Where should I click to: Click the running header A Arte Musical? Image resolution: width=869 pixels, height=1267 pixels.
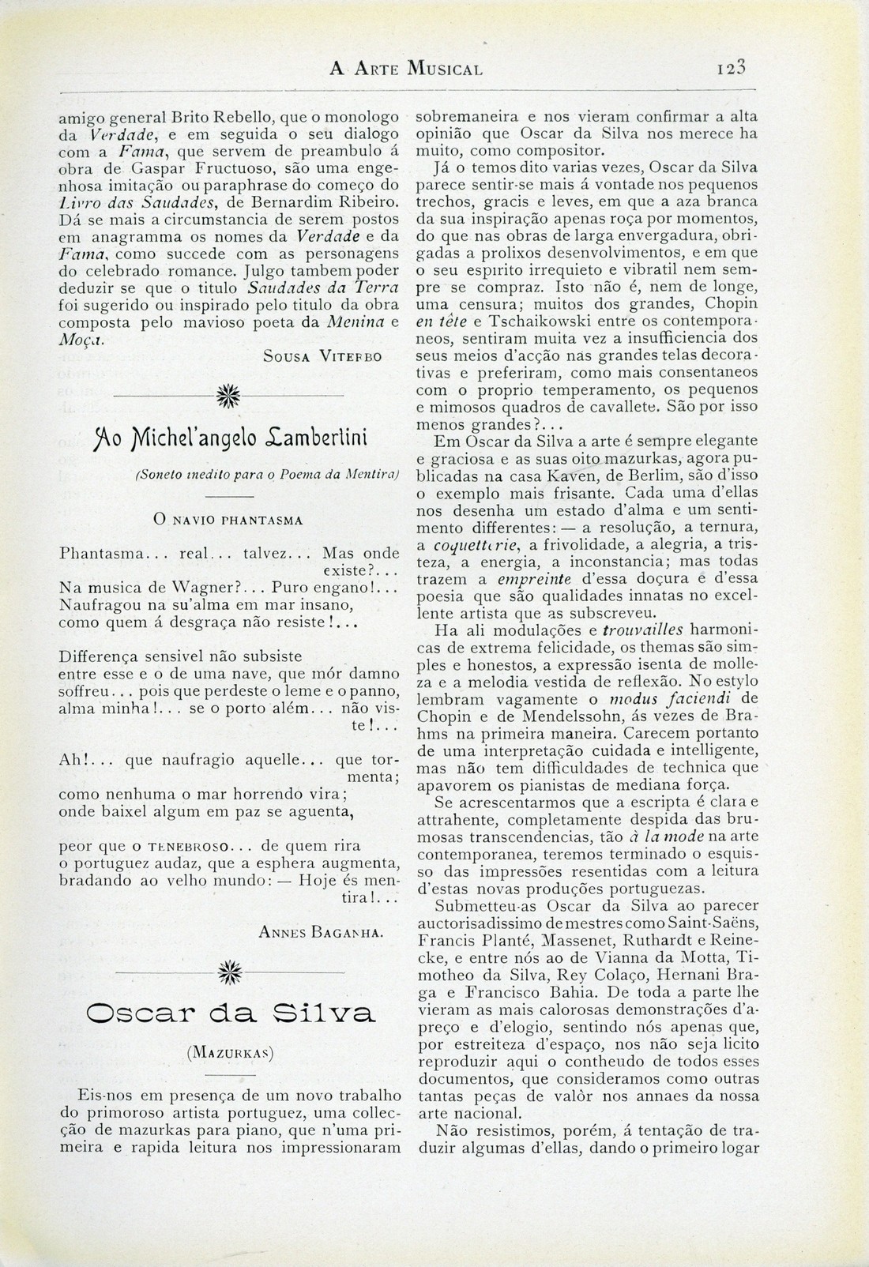pyautogui.click(x=406, y=70)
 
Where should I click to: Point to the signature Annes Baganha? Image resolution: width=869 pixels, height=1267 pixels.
pyautogui.click(x=322, y=933)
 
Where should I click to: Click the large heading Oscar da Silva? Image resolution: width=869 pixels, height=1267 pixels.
pyautogui.click(x=229, y=1014)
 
